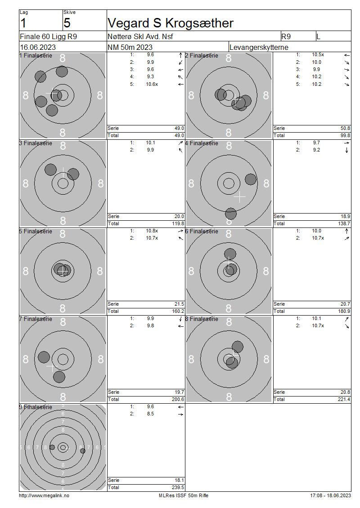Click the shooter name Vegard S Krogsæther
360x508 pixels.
coord(170,23)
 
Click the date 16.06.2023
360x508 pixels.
coord(38,47)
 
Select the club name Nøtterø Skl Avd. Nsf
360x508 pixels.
coord(140,36)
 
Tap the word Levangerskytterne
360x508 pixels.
coord(259,47)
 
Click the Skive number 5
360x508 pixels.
coord(67,23)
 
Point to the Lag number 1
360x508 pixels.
coord(23,23)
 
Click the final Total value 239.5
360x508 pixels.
coord(178,487)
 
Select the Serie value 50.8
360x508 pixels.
coord(345,128)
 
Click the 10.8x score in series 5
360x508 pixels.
coord(152,231)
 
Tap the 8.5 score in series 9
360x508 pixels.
coord(150,414)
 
